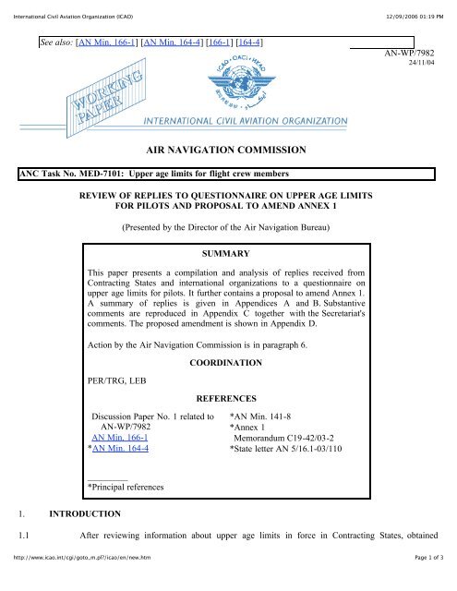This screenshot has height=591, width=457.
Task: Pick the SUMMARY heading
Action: pos(227,251)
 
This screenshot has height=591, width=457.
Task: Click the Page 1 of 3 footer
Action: pos(425,582)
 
